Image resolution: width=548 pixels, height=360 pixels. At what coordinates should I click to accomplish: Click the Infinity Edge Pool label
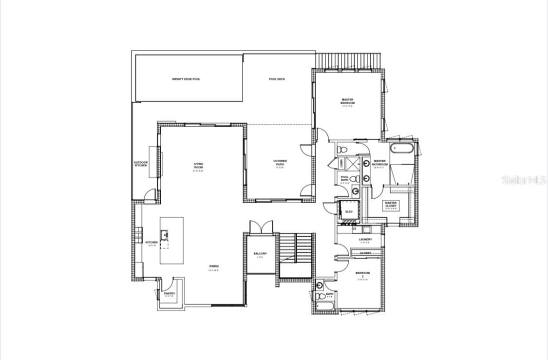(186, 79)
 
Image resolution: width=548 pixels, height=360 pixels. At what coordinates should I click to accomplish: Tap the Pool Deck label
(277, 79)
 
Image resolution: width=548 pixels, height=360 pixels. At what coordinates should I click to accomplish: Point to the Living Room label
(198, 166)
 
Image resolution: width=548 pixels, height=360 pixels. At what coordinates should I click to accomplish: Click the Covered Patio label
(280, 163)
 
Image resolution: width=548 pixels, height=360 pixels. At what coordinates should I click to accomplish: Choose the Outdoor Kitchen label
(141, 164)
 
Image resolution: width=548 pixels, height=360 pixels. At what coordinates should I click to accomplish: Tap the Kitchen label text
(151, 242)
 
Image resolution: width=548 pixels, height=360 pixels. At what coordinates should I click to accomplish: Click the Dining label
(214, 266)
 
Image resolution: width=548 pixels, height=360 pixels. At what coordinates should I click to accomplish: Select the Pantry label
(170, 294)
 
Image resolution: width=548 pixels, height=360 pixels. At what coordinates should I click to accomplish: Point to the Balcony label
(260, 254)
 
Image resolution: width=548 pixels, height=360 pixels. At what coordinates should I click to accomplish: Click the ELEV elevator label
(349, 211)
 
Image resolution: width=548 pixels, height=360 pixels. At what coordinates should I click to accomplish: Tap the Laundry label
(365, 239)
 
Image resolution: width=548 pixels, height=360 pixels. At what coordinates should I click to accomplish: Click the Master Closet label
(391, 205)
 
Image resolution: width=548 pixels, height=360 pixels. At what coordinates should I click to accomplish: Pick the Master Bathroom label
(380, 163)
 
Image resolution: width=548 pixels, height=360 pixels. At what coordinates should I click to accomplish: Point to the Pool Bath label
(344, 179)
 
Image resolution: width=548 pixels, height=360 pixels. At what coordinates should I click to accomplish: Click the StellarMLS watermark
(524, 180)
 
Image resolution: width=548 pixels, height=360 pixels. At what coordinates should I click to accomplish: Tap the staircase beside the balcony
(296, 249)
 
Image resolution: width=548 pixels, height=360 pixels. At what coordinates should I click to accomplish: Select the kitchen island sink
(165, 234)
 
